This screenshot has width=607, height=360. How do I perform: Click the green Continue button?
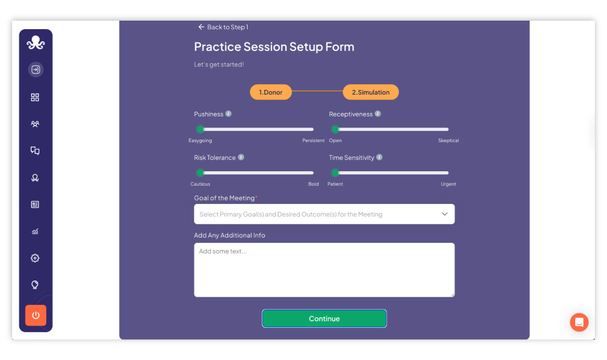324,318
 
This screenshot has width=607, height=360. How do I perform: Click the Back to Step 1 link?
223,27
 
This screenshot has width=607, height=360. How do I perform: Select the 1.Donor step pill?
271,92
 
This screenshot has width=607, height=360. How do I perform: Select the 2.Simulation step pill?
370,92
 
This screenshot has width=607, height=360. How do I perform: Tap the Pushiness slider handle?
200,129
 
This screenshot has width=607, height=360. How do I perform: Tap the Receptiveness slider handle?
335,129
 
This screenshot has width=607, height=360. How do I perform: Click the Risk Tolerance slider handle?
200,172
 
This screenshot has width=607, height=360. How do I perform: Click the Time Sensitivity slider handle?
335,172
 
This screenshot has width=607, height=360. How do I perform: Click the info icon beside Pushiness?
228,114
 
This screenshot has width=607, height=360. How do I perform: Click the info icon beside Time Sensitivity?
379,157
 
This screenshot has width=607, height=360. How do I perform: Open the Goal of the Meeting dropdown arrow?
444,214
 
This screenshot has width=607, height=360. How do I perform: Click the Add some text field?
324,270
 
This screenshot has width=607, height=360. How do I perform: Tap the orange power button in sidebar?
36,315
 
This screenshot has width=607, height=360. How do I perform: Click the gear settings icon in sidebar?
35,258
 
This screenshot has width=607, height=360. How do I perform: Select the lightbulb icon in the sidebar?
35,285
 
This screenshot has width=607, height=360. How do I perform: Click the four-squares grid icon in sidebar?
35,97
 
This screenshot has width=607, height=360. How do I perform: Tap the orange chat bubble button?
579,322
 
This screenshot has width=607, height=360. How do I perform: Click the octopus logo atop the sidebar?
36,42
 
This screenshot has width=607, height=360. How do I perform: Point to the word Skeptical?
449,140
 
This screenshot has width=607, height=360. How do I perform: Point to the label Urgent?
449,184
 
